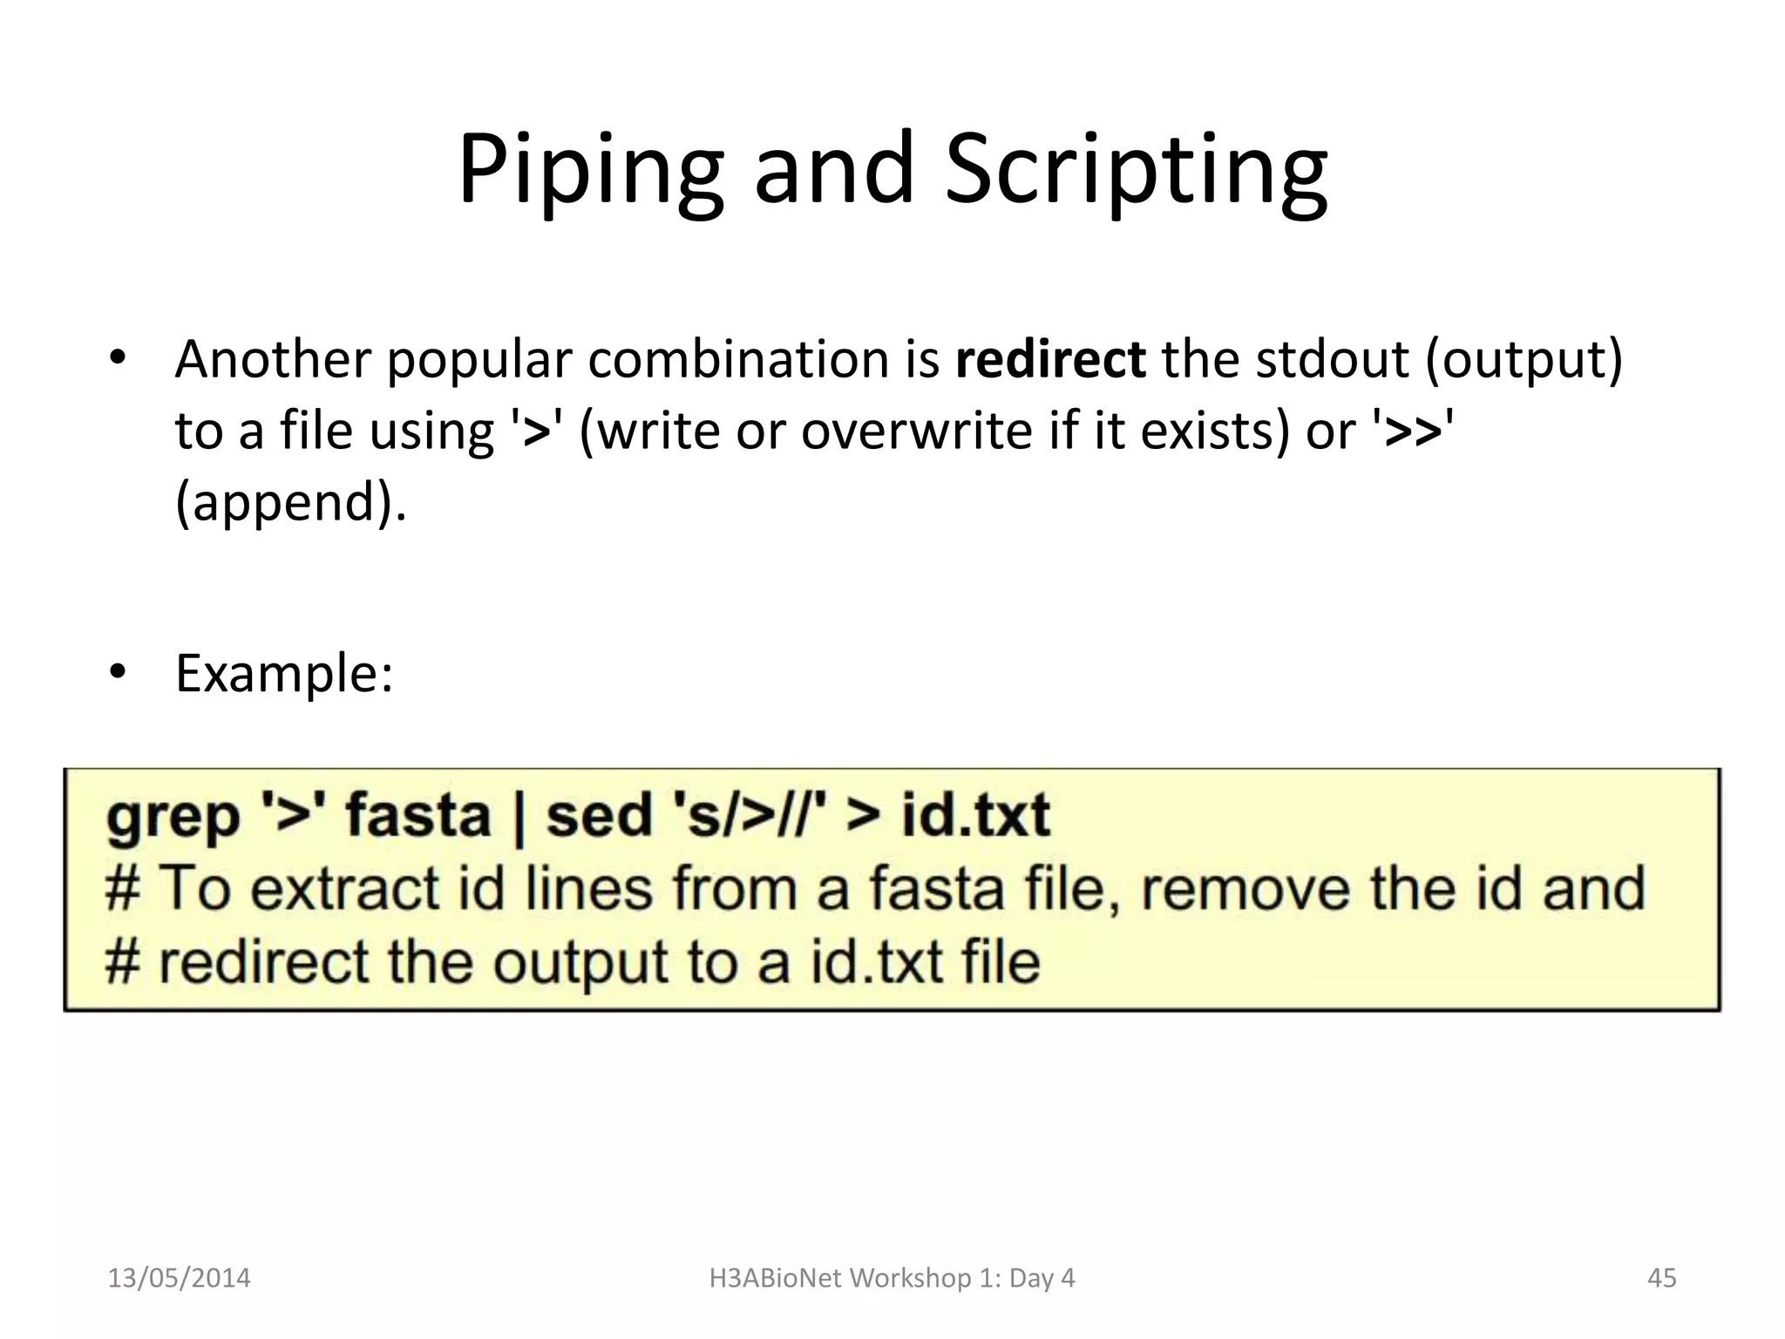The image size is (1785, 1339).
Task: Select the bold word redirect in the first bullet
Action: (1049, 359)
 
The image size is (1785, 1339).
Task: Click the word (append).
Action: (290, 503)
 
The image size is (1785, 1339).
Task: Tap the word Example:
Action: (284, 674)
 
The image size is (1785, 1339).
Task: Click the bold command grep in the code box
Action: (173, 818)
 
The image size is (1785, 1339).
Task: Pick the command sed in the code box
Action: (599, 816)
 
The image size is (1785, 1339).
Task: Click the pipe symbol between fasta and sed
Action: (519, 819)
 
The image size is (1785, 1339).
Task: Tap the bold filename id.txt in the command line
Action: (974, 816)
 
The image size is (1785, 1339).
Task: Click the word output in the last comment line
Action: (580, 963)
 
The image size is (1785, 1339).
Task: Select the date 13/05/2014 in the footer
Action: (179, 1278)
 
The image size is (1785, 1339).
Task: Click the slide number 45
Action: (1661, 1278)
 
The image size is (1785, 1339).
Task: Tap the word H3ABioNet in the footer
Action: (776, 1278)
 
